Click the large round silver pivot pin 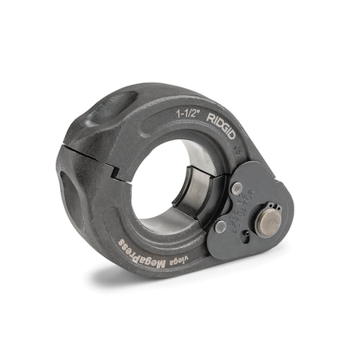(x=268, y=222)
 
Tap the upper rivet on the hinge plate (x=237, y=188)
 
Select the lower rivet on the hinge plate (x=220, y=227)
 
